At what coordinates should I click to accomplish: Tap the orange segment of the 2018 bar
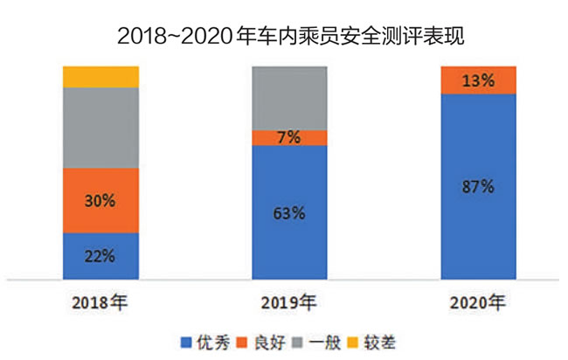click(100, 200)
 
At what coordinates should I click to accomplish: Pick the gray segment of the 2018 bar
click(100, 128)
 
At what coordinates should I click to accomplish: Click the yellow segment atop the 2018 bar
click(100, 77)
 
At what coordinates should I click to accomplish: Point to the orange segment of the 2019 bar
click(289, 137)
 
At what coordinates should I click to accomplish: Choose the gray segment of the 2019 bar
click(289, 97)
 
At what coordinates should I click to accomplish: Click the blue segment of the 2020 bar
click(478, 210)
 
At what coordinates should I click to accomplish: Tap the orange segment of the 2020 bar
click(478, 80)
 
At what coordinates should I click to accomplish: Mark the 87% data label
click(478, 186)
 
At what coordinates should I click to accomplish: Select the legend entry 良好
click(267, 342)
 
